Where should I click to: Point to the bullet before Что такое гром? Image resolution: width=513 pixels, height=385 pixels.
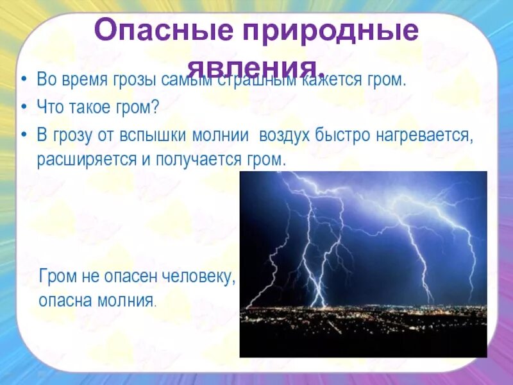click(24, 108)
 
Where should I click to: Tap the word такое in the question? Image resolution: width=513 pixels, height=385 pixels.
click(87, 108)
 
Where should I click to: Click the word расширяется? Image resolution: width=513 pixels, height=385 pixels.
click(83, 160)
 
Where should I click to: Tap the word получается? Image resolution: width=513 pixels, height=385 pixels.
click(195, 160)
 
